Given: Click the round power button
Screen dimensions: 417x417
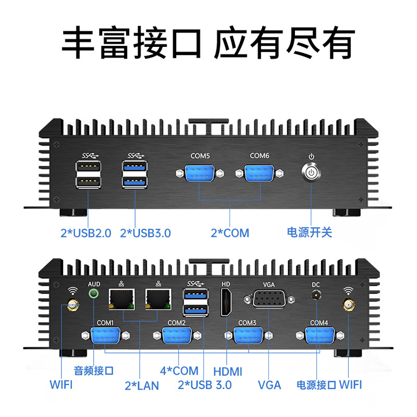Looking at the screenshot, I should point(311,173).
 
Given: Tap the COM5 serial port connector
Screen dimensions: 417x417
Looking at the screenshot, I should point(200,173).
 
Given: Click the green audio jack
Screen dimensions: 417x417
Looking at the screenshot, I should point(94,293).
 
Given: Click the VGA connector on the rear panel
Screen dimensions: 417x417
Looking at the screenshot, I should point(268,300).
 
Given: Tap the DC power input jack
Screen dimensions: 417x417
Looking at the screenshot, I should point(315,296).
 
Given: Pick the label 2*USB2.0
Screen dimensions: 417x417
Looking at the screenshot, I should point(86,233).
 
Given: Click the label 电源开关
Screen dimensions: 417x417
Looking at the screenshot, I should point(310,232).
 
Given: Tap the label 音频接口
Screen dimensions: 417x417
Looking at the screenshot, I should point(94,371).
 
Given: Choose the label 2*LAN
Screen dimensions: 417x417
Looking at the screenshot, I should point(141,386).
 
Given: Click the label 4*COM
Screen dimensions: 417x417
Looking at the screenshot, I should point(179,371).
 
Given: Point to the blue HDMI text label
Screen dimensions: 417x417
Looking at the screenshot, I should point(228,372).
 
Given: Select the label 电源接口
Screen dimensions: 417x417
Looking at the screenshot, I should point(316,385).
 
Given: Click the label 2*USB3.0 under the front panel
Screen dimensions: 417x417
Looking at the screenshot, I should point(145,233).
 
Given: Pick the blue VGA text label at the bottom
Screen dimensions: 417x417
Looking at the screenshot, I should point(269,385).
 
